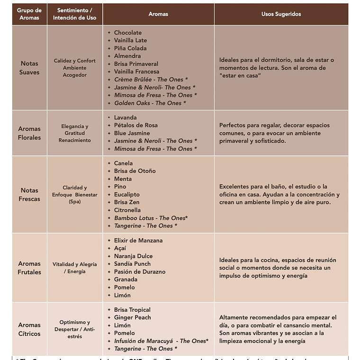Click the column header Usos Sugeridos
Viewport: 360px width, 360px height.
pos(281,14)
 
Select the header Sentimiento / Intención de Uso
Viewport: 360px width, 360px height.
pos(74,14)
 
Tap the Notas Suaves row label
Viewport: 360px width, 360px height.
pos(29,68)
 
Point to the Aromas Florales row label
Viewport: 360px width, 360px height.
pos(29,133)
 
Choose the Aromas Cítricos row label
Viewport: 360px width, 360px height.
pos(29,329)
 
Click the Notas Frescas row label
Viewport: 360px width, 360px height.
pos(29,195)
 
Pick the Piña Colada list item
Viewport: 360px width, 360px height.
pos(130,48)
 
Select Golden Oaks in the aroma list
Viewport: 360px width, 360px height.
pos(150,103)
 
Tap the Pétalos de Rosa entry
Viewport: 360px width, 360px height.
pos(135,126)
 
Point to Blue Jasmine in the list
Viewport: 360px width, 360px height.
pos(132,133)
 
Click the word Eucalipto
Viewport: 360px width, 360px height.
pos(126,195)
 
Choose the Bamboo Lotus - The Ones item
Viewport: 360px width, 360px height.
pos(151,218)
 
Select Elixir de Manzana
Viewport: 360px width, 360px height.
pos(138,241)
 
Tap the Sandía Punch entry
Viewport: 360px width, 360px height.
pos(132,264)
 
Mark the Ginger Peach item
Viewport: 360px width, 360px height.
pos(132,317)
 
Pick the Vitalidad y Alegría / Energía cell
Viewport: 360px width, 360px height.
pos(74,268)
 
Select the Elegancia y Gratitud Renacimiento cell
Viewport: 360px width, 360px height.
pos(74,133)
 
